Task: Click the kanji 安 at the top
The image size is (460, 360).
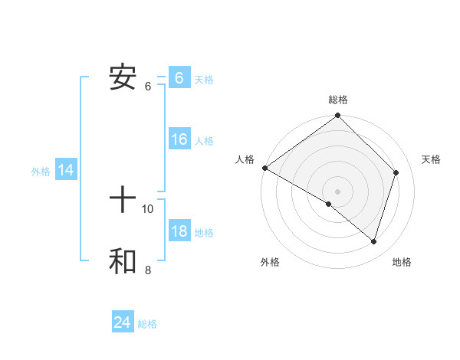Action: tap(123, 77)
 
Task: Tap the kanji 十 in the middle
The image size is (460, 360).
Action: tap(123, 201)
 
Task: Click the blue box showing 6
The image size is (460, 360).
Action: tap(179, 78)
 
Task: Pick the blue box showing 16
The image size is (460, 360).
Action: tap(179, 139)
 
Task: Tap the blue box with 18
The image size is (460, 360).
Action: tap(179, 232)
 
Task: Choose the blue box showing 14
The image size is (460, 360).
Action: tap(66, 171)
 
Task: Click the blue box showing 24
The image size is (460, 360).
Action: tap(123, 322)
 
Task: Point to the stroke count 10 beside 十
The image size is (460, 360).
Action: tap(148, 208)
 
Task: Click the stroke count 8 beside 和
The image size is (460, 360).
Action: tap(148, 270)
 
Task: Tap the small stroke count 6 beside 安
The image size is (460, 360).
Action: tap(148, 86)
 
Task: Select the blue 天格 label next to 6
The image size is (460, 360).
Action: tap(204, 80)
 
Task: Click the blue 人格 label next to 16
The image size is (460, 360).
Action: tap(204, 141)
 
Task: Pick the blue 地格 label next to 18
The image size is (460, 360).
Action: tap(204, 234)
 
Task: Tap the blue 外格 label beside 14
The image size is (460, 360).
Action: tap(41, 172)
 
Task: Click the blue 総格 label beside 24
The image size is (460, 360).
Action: tap(147, 324)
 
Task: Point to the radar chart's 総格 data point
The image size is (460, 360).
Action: tap(338, 116)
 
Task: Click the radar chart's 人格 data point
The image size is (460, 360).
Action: tap(264, 168)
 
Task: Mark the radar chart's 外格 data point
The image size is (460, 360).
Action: tap(329, 204)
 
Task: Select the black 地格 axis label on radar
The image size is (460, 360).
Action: tap(402, 262)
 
